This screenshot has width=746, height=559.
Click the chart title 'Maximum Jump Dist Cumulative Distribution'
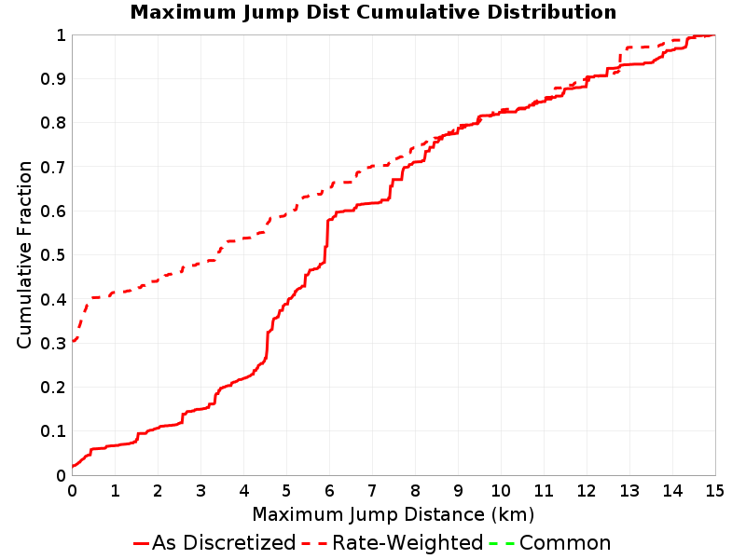pos(373,12)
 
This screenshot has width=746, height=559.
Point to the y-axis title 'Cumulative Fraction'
pos(24,254)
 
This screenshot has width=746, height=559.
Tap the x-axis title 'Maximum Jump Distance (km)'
pos(394,514)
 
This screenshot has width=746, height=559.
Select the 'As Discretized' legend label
pos(224,542)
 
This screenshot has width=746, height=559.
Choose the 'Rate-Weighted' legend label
pos(408,542)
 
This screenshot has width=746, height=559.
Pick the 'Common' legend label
pos(565,542)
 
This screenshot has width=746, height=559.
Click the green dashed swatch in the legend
pos(502,543)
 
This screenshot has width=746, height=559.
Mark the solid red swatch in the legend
pos(142,543)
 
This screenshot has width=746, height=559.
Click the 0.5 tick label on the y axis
pos(53,255)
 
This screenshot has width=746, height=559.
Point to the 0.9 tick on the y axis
pos(53,79)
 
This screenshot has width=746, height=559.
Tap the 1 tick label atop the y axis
pos(61,35)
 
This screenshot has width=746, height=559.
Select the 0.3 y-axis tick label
pos(53,343)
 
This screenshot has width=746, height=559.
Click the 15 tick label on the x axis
pos(714,491)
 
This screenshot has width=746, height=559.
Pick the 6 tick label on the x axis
pos(329,491)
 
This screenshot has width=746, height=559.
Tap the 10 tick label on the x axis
pos(501,491)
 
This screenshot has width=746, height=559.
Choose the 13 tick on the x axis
pos(629,491)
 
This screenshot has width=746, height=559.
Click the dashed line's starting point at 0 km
pos(73,341)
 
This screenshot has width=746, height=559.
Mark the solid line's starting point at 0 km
pos(73,467)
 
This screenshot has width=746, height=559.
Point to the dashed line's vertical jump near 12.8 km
pos(620,60)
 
